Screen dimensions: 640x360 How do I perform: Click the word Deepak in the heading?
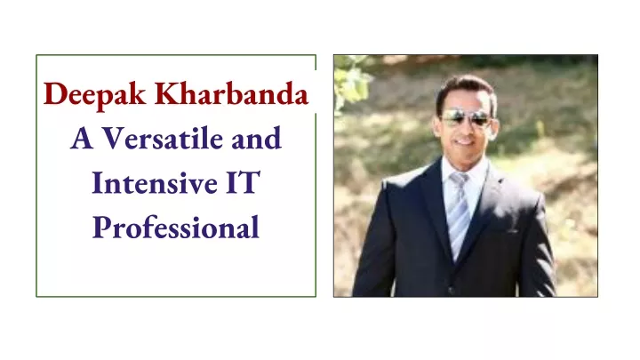(x=95, y=96)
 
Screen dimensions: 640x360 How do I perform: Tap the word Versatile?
(x=163, y=138)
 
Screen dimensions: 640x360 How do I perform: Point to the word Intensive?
(x=155, y=182)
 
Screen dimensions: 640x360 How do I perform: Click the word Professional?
(x=176, y=228)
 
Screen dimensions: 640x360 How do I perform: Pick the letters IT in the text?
(x=243, y=182)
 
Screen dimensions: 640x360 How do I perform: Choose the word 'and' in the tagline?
(x=257, y=138)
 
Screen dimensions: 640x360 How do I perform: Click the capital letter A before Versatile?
(x=82, y=138)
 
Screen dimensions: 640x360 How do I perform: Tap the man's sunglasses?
(x=466, y=118)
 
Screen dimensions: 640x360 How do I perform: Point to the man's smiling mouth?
(x=465, y=142)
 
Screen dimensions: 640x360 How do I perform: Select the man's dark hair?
(x=466, y=92)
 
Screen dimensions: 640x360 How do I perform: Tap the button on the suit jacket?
(x=452, y=290)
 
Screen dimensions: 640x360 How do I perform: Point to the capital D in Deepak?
(x=56, y=93)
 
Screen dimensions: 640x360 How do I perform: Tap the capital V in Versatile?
(x=114, y=138)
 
